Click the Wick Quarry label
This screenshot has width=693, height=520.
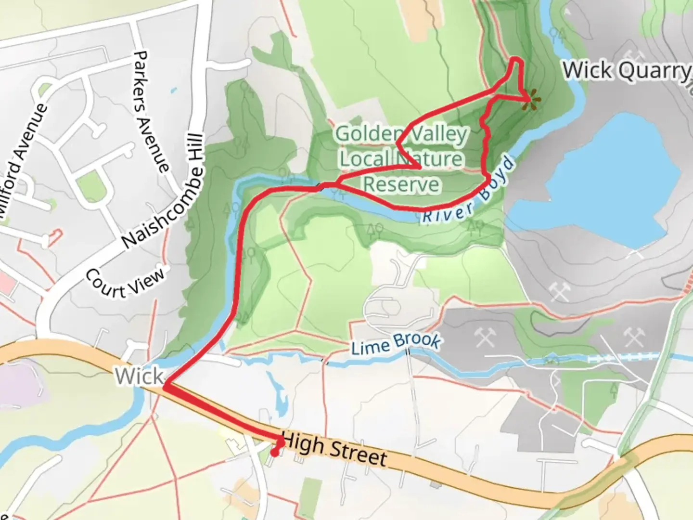(626, 71)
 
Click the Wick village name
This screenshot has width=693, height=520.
(139, 376)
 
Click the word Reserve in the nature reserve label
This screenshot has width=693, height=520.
(401, 184)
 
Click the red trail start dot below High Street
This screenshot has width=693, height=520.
(274, 453)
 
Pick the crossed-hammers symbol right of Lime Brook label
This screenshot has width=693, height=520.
(485, 338)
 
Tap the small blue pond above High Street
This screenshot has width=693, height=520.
(276, 395)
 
